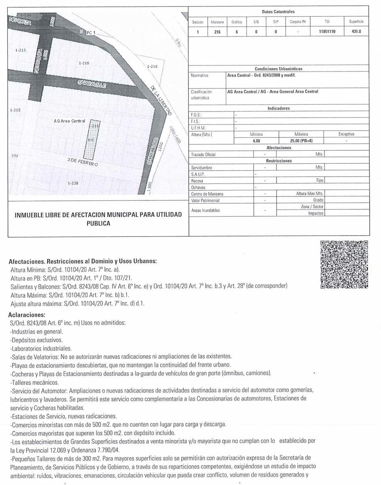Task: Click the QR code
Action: point(344,265)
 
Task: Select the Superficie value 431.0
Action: point(356,32)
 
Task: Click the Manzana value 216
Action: point(217,32)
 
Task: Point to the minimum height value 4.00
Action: point(256,141)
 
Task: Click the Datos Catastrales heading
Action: point(278,12)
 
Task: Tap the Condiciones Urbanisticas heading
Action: point(279,69)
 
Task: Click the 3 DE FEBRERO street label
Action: point(83,162)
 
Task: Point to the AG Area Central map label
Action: point(69,121)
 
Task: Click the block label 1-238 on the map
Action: point(73,183)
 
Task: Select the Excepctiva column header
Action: point(346,134)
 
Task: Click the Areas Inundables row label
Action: point(205,210)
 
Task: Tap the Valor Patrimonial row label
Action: point(205,200)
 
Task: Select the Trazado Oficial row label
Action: point(203,154)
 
